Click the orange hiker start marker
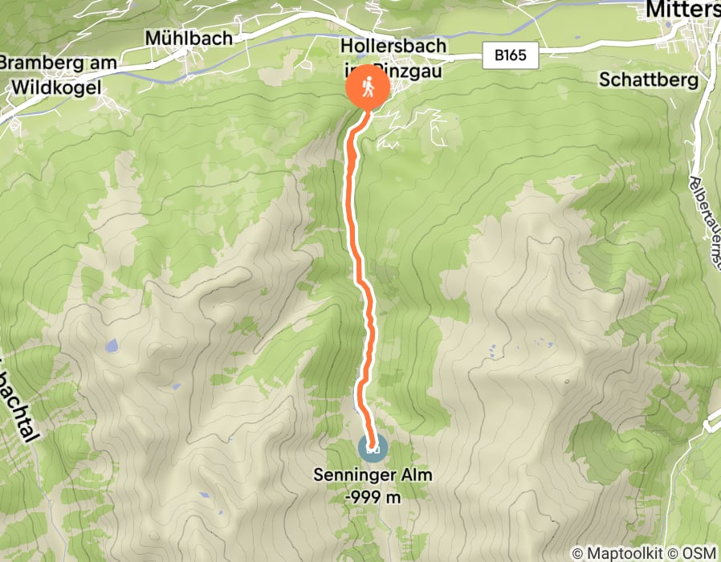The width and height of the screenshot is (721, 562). [367, 88]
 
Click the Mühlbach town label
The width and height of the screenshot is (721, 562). [189, 38]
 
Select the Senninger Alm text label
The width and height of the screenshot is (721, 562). [373, 475]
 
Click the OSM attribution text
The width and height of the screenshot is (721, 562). [699, 553]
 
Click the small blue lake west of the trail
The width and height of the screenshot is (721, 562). [111, 347]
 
